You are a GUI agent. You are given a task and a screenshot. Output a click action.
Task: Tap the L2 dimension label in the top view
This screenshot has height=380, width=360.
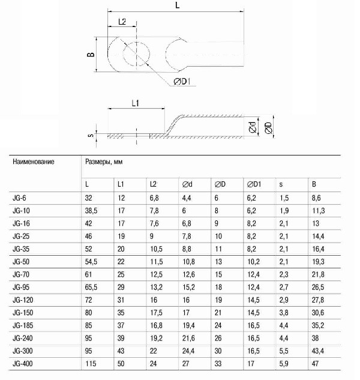tap(122, 21)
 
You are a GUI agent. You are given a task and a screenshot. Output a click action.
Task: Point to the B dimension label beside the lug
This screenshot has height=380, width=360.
tap(90, 54)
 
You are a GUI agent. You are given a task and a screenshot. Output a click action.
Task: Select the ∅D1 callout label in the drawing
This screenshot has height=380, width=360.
tap(182, 81)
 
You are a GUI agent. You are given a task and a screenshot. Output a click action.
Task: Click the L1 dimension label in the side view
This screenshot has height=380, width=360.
tap(135, 103)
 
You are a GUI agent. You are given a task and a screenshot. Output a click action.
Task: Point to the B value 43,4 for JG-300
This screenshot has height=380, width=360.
tap(318, 352)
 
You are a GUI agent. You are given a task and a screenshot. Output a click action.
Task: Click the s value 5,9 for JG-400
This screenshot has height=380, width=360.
tap(284, 364)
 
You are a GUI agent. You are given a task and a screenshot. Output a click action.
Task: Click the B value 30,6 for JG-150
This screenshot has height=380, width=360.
tap(318, 313)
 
